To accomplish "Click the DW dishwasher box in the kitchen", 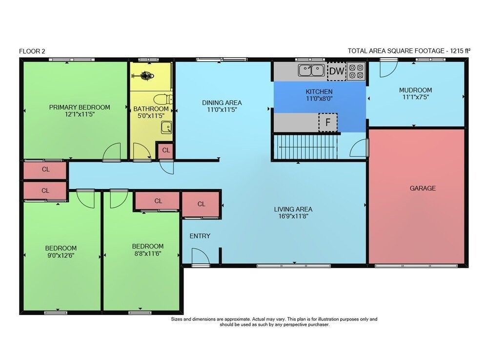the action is coord(337,71).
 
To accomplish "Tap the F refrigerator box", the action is coord(328,123).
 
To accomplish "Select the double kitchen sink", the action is coord(311,70).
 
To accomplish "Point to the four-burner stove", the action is coord(356,71).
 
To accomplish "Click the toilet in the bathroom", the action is coord(163,100).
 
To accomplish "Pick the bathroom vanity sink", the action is coord(166,127).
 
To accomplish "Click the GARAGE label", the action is coord(422,188).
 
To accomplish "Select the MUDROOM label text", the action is coord(415,90).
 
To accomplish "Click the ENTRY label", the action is coord(200,236).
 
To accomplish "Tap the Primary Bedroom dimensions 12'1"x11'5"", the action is coord(80,114).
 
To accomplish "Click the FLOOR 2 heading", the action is coord(32,51).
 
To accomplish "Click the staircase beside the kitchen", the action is coord(305,147).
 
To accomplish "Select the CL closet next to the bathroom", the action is coord(166,150).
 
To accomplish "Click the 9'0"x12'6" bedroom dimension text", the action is coord(61,255).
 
